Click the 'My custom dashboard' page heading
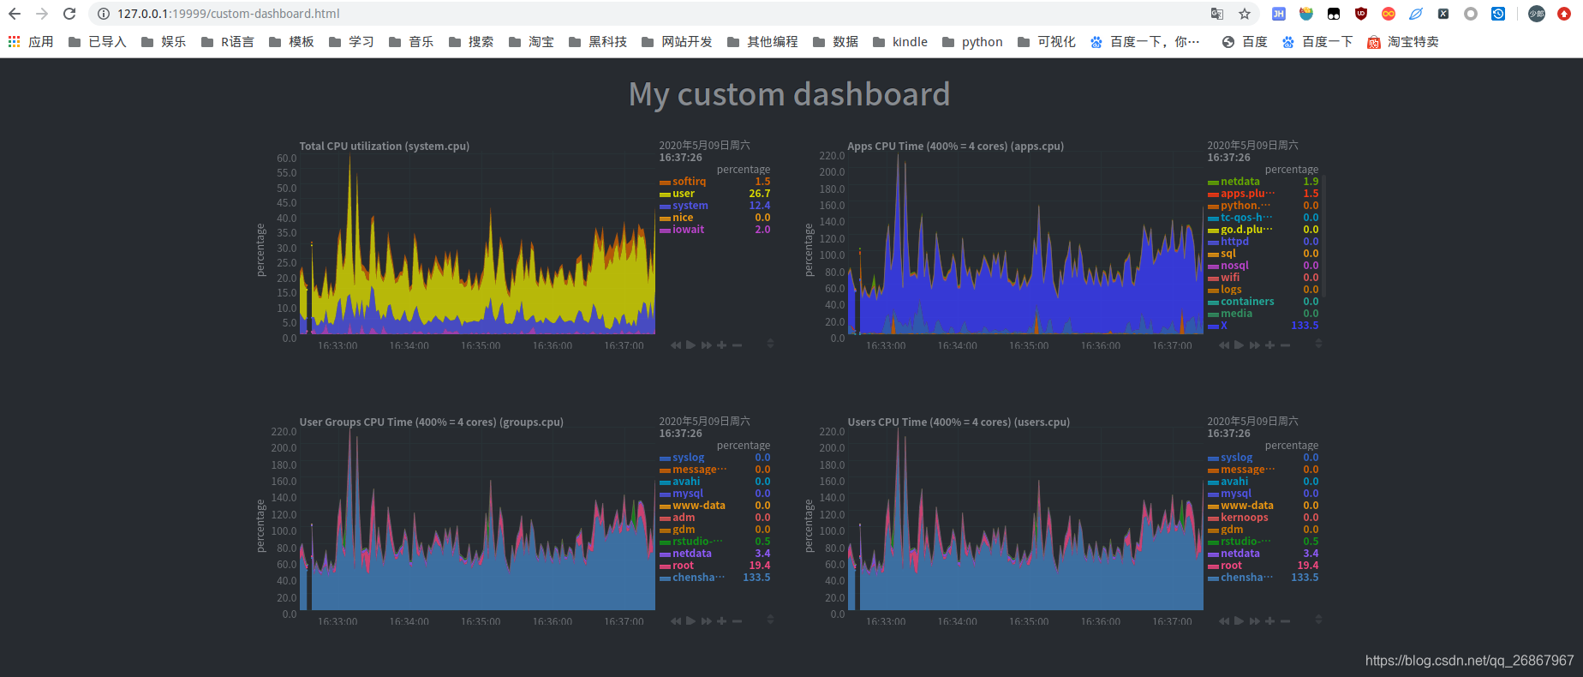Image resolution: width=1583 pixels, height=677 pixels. click(789, 94)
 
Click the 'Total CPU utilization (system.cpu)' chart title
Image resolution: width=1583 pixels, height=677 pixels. click(384, 147)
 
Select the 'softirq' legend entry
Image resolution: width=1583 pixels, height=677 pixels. click(689, 182)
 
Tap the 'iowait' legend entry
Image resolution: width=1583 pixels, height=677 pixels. click(688, 230)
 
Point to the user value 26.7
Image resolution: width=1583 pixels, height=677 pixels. click(759, 194)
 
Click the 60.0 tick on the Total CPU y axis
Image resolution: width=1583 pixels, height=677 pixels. click(286, 159)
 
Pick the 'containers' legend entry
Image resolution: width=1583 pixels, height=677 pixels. click(1246, 302)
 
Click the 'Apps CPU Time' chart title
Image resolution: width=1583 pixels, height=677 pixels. click(955, 147)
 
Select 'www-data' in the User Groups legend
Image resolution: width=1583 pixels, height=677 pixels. click(698, 506)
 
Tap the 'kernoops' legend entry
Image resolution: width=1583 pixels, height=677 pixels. click(1244, 518)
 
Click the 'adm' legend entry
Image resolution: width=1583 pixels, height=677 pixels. click(683, 518)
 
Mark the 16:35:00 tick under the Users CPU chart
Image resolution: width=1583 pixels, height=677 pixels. click(1028, 621)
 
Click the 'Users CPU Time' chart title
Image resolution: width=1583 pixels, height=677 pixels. click(958, 422)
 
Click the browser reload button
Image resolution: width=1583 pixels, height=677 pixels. click(69, 14)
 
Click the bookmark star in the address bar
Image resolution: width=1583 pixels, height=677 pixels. click(1245, 14)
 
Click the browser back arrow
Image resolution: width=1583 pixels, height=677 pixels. click(15, 14)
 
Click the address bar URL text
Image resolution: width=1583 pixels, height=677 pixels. click(229, 14)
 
